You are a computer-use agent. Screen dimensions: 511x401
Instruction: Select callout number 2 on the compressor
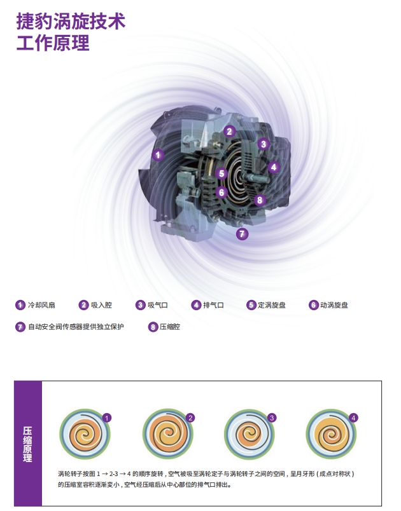pyautogui.click(x=229, y=132)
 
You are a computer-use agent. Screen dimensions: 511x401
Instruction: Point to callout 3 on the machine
pyautogui.click(x=263, y=144)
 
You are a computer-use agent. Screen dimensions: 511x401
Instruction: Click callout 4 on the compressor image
pyautogui.click(x=274, y=167)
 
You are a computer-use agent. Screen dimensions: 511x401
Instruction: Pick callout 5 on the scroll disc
pyautogui.click(x=221, y=174)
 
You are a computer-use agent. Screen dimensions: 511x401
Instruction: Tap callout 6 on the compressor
pyautogui.click(x=222, y=192)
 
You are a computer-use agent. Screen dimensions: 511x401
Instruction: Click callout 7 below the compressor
pyautogui.click(x=242, y=234)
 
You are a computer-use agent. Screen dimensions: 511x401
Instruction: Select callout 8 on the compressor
pyautogui.click(x=259, y=200)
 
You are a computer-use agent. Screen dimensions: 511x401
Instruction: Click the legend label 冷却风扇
pyautogui.click(x=41, y=305)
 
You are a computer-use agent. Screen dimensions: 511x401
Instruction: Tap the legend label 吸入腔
pyautogui.click(x=101, y=305)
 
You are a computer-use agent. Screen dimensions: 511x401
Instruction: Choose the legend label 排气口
pyautogui.click(x=213, y=305)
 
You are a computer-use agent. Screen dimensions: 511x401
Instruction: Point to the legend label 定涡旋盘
pyautogui.click(x=272, y=305)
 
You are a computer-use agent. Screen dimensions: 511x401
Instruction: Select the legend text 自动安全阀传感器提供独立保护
pyautogui.click(x=76, y=327)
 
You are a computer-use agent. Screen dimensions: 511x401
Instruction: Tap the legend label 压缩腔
pyautogui.click(x=170, y=327)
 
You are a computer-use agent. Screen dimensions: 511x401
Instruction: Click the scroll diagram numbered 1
pyautogui.click(x=81, y=435)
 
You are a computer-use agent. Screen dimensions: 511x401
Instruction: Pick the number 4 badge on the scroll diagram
pyautogui.click(x=354, y=418)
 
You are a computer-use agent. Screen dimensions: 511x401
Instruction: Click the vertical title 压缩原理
pyautogui.click(x=27, y=444)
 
